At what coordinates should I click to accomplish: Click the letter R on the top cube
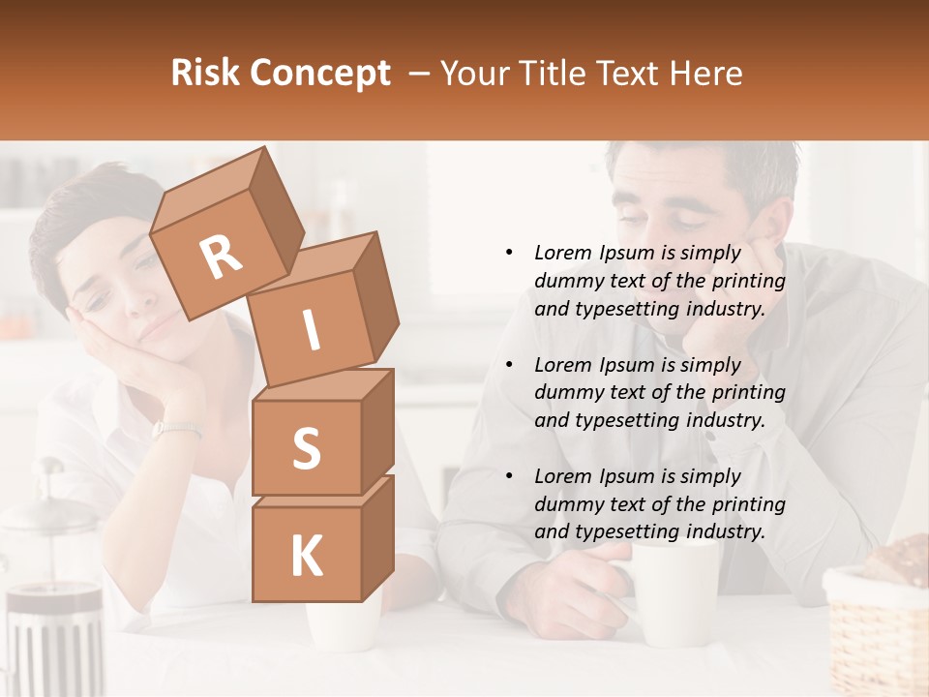click(x=222, y=258)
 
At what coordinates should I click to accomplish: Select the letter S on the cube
click(x=306, y=448)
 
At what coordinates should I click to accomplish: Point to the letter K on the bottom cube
click(x=306, y=557)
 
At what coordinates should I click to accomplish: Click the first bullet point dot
click(x=509, y=253)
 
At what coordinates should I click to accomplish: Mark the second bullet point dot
click(x=509, y=365)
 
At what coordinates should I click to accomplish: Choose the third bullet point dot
click(x=509, y=476)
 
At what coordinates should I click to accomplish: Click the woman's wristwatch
click(x=175, y=429)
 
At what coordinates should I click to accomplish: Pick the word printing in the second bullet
click(x=749, y=393)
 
